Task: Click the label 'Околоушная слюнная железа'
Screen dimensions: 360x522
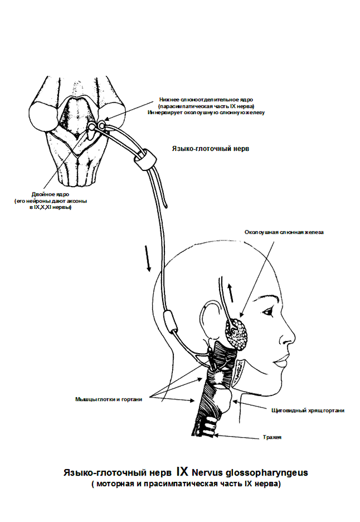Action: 284,232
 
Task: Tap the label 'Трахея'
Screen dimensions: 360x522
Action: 272,437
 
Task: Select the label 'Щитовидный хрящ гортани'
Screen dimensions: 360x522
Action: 308,411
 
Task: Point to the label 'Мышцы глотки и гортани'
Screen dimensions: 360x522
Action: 109,399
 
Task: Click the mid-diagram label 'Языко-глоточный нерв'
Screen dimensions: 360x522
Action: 211,149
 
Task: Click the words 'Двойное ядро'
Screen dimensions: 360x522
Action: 50,194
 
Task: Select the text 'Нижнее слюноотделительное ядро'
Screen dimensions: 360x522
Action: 206,100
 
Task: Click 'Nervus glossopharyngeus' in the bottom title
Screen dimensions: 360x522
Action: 250,472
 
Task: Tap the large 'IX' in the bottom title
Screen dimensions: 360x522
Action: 182,471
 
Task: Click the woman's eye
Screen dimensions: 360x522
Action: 268,312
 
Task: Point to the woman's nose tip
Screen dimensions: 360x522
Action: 293,342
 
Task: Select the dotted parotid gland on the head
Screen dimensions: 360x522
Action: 237,334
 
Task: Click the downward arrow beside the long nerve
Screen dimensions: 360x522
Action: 148,258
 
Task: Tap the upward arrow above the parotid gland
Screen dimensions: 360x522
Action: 230,292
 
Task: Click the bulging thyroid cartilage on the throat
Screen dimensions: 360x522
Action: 223,400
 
